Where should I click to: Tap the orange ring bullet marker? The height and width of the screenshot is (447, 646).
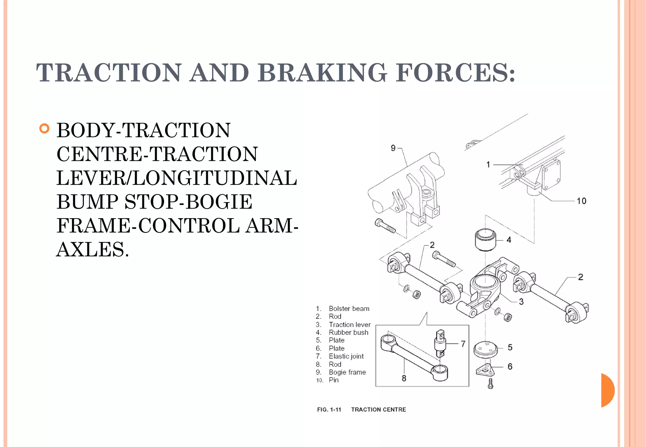click(x=44, y=129)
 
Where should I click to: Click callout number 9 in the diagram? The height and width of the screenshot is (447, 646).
click(x=393, y=148)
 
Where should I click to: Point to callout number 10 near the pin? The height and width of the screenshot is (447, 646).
click(x=581, y=201)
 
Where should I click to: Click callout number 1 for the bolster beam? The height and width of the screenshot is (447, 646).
click(x=488, y=165)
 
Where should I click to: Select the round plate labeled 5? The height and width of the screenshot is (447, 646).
click(x=486, y=349)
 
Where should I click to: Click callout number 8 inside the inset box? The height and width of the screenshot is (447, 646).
click(x=404, y=378)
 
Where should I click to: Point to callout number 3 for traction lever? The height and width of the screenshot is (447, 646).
click(x=521, y=302)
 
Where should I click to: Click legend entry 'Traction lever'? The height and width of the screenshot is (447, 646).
click(x=349, y=325)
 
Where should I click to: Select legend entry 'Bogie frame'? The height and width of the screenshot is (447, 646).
click(x=347, y=372)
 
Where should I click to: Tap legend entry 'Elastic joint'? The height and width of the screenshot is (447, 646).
click(x=346, y=356)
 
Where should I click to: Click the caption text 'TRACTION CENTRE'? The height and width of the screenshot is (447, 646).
click(x=379, y=409)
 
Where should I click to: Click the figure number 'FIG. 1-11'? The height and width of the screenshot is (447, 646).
click(x=329, y=409)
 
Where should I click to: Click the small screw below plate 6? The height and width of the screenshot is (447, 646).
click(x=490, y=384)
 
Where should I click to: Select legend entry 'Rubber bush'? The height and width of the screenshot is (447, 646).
click(x=348, y=333)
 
